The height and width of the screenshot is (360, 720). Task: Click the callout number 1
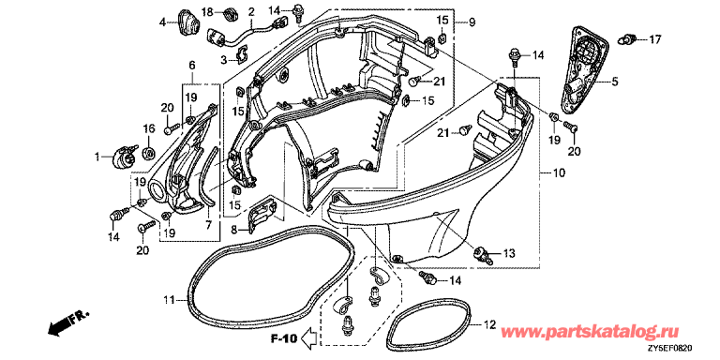pyautogui.click(x=97, y=157)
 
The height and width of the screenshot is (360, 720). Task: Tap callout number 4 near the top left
pyautogui.click(x=162, y=22)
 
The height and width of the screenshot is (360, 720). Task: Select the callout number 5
pyautogui.click(x=614, y=82)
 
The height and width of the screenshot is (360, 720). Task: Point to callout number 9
pyautogui.click(x=472, y=22)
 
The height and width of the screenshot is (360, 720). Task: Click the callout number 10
pyautogui.click(x=559, y=173)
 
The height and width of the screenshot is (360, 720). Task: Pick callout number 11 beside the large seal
pyautogui.click(x=169, y=301)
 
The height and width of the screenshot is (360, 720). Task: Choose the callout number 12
pyautogui.click(x=490, y=325)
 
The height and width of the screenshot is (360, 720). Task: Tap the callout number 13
pyautogui.click(x=509, y=253)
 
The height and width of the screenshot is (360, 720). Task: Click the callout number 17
pyautogui.click(x=654, y=40)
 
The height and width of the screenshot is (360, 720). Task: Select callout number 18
pyautogui.click(x=207, y=12)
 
